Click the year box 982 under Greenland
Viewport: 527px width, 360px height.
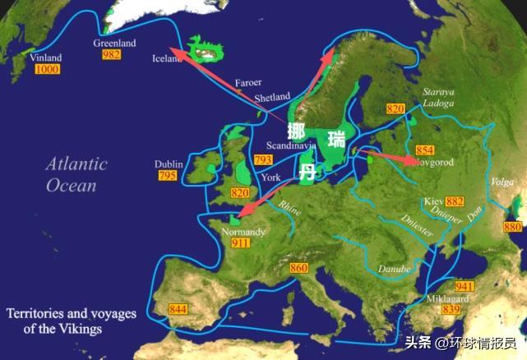point(112,53)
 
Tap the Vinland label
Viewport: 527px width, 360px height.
point(45,58)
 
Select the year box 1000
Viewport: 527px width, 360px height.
point(47,70)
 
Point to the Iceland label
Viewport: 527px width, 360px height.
point(169,58)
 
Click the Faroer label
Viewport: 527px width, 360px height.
point(247,83)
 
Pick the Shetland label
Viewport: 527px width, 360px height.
point(272,97)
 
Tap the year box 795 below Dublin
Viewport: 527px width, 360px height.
point(166,176)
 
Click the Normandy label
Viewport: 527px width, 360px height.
point(244,233)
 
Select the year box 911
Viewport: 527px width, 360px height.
point(241,244)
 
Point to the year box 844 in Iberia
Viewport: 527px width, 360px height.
point(178,309)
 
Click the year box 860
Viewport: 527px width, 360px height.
point(298,269)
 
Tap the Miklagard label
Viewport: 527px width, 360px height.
point(447,299)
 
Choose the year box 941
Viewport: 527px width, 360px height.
point(465,286)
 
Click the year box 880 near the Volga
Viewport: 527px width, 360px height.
point(511,227)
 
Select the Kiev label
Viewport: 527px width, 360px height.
point(432,201)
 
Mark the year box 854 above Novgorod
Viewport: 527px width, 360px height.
point(424,150)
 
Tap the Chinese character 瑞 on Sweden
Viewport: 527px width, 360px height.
point(336,138)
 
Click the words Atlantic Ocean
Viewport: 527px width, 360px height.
point(76,174)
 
